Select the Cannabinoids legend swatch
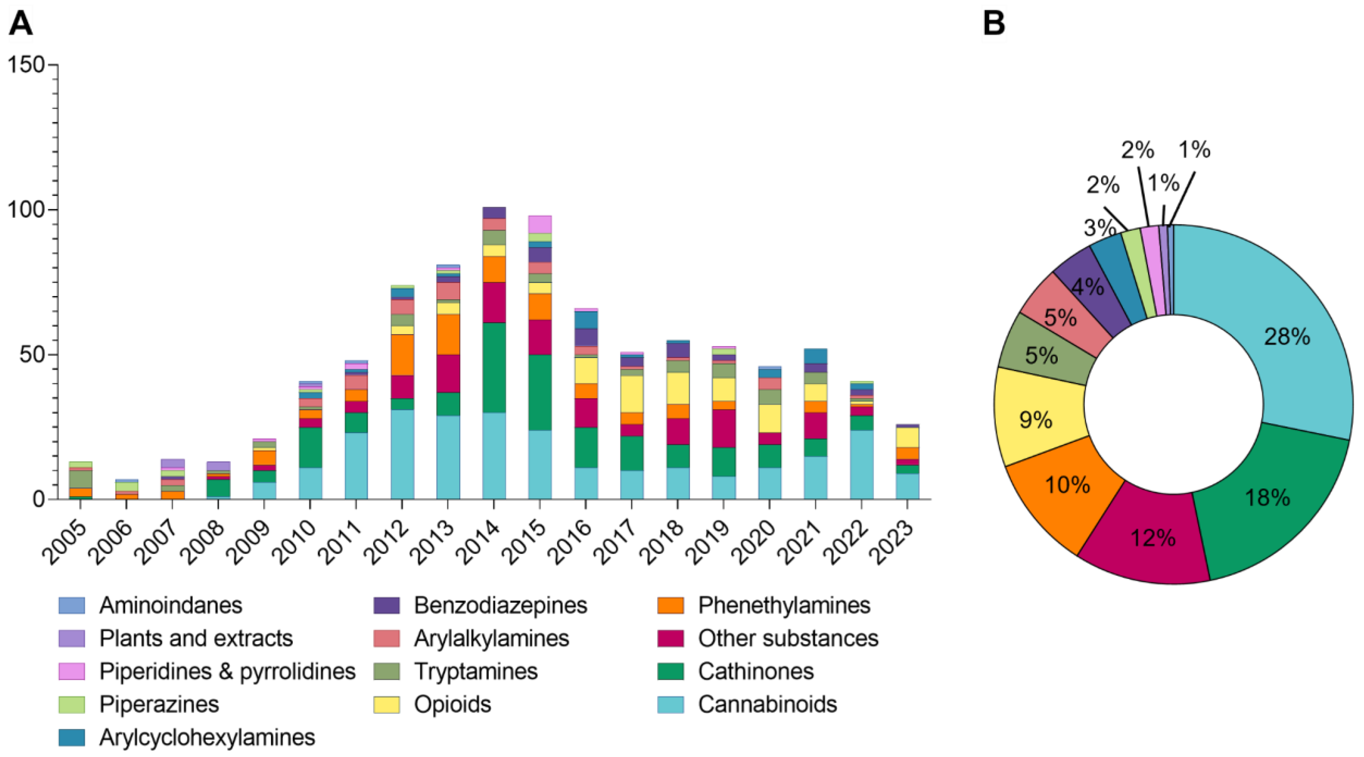pos(670,704)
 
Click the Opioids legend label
pos(452,704)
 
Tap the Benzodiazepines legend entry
pos(500,605)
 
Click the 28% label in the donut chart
pos(1287,337)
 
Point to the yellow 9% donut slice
pos(1035,418)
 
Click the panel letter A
pos(21,24)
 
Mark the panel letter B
pos(993,24)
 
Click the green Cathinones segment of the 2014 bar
pos(493,367)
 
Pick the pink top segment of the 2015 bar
pos(540,224)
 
